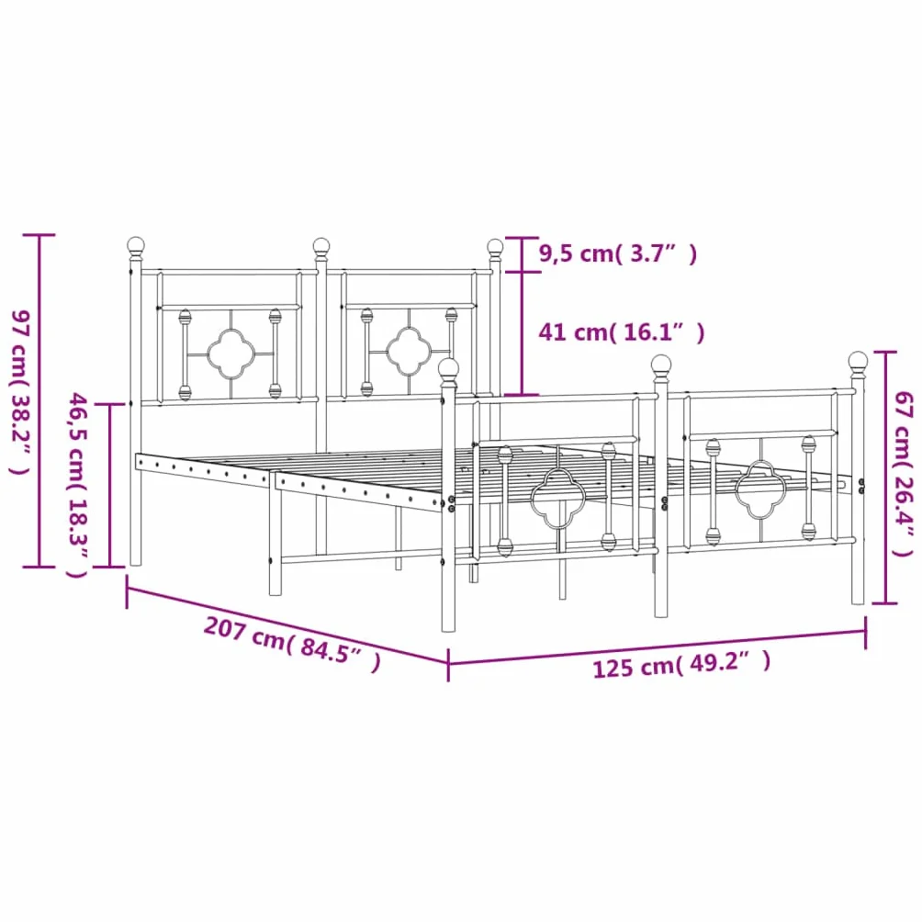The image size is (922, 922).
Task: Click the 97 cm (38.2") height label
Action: point(20,392)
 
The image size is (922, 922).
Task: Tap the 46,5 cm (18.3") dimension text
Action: point(78,485)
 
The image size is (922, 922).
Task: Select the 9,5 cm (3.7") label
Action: point(618,254)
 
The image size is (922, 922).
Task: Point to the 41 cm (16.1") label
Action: point(622,332)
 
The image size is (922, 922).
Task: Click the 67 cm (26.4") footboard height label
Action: point(904,473)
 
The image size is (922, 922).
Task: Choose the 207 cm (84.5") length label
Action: point(292,644)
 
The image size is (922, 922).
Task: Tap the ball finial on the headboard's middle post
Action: point(321,250)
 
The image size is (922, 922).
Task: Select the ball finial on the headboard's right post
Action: point(495,251)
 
